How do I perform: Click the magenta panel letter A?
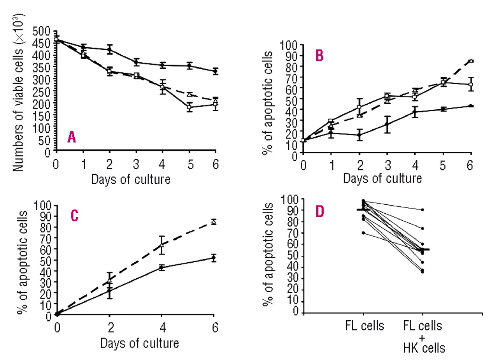71,138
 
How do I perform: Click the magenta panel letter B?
319,56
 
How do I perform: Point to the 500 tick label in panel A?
42,31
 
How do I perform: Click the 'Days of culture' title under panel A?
130,179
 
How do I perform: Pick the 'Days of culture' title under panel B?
382,178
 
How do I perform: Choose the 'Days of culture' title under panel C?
139,343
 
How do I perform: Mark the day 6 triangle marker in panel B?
471,61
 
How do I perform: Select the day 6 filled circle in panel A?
215,71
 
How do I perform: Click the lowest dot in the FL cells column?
363,233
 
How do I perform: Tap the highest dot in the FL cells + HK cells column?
422,210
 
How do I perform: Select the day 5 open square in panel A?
189,107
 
